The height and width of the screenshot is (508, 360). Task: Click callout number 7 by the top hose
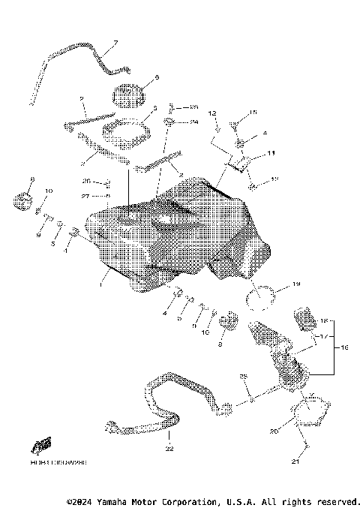tap(116, 42)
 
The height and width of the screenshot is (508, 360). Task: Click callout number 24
tap(193, 121)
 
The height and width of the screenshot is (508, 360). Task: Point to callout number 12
tap(212, 113)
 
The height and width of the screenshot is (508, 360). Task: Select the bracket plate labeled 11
tap(238, 163)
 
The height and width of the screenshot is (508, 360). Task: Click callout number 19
tap(295, 284)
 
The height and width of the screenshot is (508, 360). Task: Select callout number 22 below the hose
tap(169, 449)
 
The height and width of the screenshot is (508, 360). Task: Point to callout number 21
tap(295, 462)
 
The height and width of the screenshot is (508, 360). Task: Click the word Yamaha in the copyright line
tap(113, 501)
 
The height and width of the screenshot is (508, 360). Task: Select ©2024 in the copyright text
tap(80, 501)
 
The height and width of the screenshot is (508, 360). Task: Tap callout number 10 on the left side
tap(49, 192)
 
